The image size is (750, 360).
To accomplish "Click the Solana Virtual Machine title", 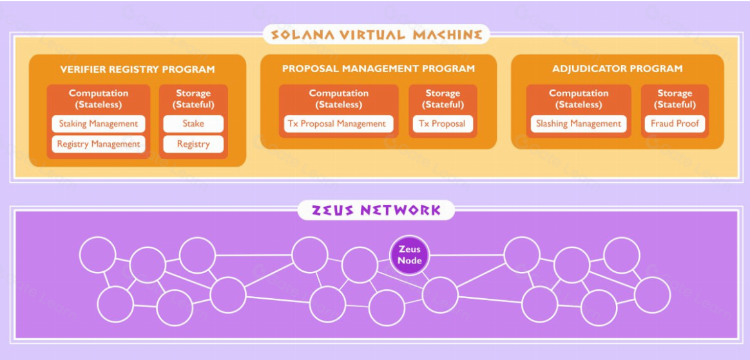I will (x=376, y=34).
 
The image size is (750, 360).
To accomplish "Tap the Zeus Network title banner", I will (x=376, y=210).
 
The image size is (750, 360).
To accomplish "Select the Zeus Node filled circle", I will (x=410, y=255).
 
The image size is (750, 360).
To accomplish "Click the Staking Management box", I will (x=99, y=124).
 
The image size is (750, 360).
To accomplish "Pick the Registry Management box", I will (x=99, y=144).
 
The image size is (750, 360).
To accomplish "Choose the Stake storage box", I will (x=193, y=124).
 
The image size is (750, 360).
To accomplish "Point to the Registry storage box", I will (x=193, y=144).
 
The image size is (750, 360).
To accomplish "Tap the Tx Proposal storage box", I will (x=443, y=124).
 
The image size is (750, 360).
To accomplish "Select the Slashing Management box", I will (x=579, y=124).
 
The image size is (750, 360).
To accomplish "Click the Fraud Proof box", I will (x=675, y=124).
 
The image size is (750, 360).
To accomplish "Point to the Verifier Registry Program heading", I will (x=137, y=69).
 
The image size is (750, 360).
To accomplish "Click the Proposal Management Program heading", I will (x=378, y=68).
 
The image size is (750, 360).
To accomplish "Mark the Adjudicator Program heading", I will (x=617, y=68).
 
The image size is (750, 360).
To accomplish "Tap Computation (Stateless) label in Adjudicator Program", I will (x=579, y=99).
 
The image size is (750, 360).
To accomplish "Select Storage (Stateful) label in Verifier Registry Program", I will (x=193, y=99).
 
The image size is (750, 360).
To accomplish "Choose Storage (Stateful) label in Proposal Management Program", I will (x=443, y=99).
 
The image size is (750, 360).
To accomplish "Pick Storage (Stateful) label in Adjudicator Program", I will (x=675, y=99).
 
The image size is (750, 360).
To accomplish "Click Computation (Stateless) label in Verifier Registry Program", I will (x=99, y=99).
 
